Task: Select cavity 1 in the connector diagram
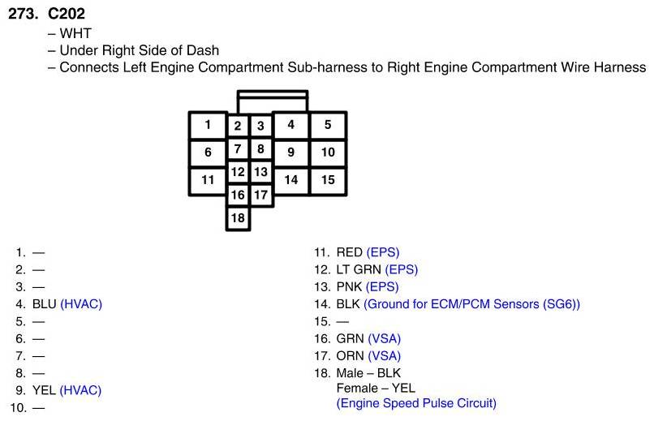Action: point(208,125)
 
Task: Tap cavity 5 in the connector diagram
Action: point(328,125)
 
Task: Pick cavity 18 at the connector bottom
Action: point(238,217)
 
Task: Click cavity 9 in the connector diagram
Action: point(290,152)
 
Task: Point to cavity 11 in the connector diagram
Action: point(208,179)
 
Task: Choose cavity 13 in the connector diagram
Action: point(260,172)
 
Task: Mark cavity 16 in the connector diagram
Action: point(238,195)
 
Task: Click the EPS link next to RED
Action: point(383,252)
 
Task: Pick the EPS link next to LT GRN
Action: point(402,269)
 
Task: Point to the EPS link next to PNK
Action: point(382,286)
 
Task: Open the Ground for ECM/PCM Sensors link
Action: point(471,304)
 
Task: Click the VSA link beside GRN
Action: point(385,338)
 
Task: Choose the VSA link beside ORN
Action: point(385,355)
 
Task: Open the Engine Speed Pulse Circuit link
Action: point(416,403)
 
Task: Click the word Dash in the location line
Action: point(202,50)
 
